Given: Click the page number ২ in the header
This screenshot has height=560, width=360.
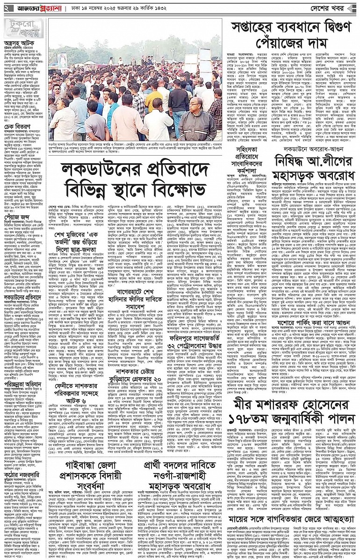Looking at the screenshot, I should click(6, 8).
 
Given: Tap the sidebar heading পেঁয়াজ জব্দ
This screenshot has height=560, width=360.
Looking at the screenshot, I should click(15, 217).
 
